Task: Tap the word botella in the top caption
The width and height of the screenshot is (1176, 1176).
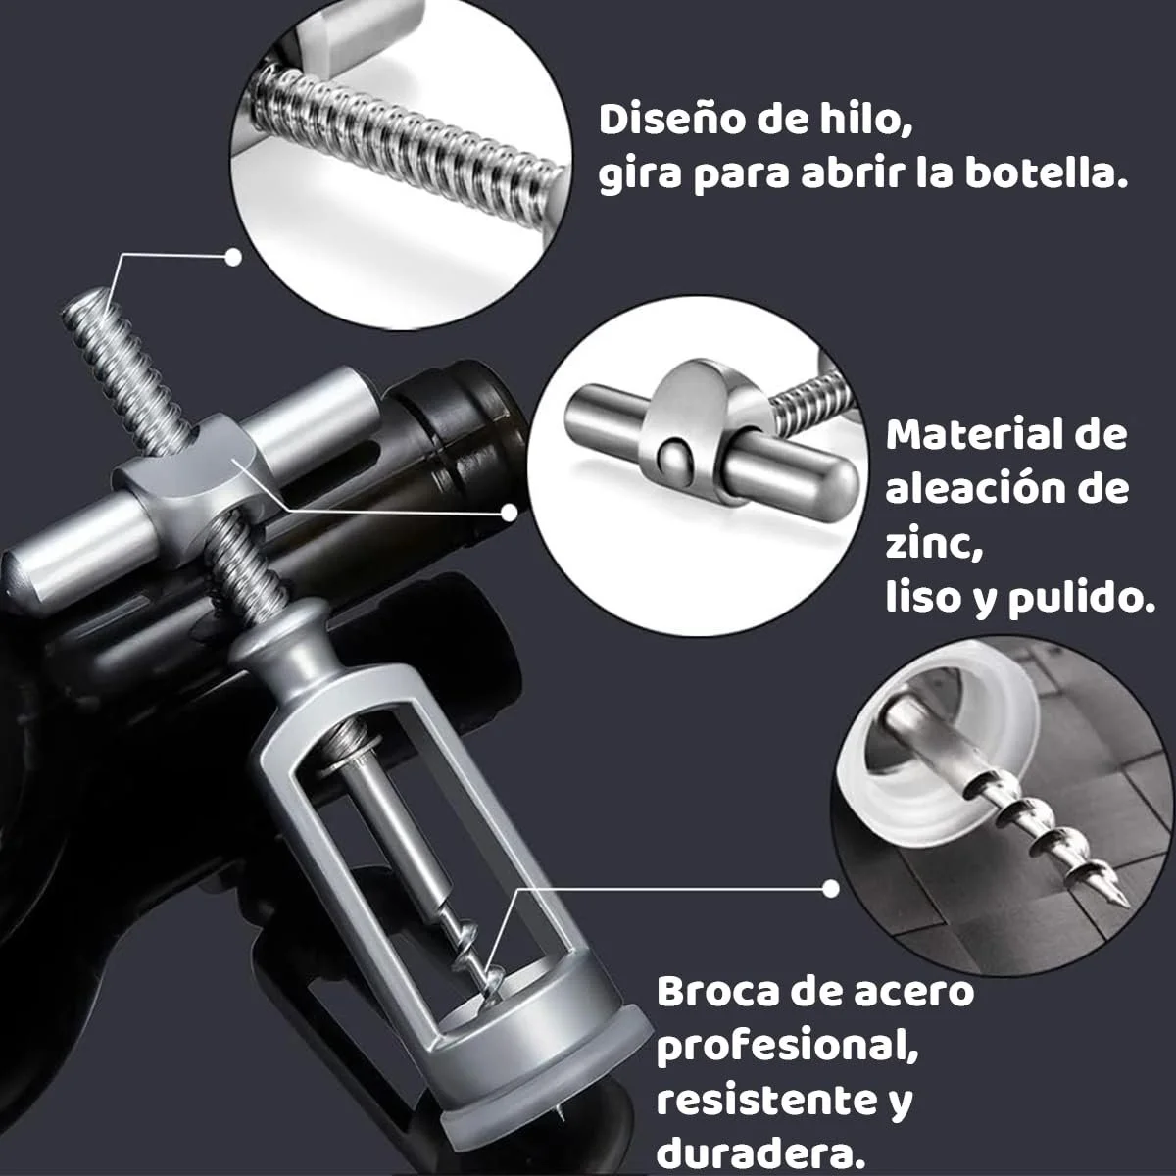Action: point(1046,174)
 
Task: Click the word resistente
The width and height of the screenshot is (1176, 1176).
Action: point(761,1100)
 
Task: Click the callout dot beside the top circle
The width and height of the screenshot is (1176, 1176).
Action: point(233,257)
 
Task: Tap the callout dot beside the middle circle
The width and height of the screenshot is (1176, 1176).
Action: point(509,513)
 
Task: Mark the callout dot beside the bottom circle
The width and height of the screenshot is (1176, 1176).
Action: point(830,889)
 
